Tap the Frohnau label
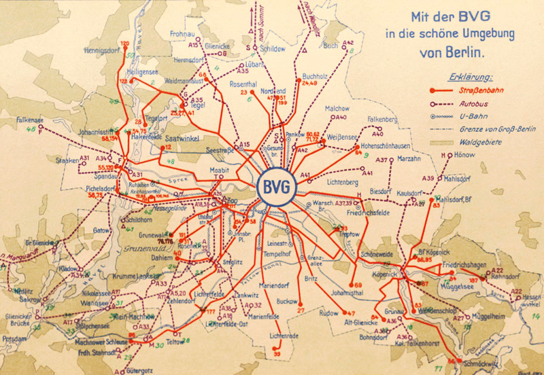[x=182, y=33]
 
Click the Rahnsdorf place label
[x=505, y=276]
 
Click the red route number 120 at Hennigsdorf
[x=124, y=43]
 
